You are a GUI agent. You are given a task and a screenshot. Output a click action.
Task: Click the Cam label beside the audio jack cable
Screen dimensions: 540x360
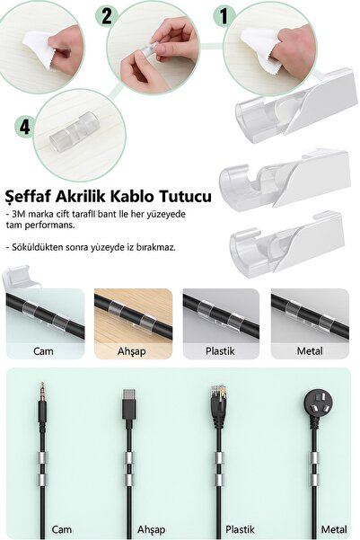coord(62,530)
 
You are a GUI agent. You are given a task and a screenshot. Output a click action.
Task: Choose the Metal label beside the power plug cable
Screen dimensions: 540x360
coord(335,530)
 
